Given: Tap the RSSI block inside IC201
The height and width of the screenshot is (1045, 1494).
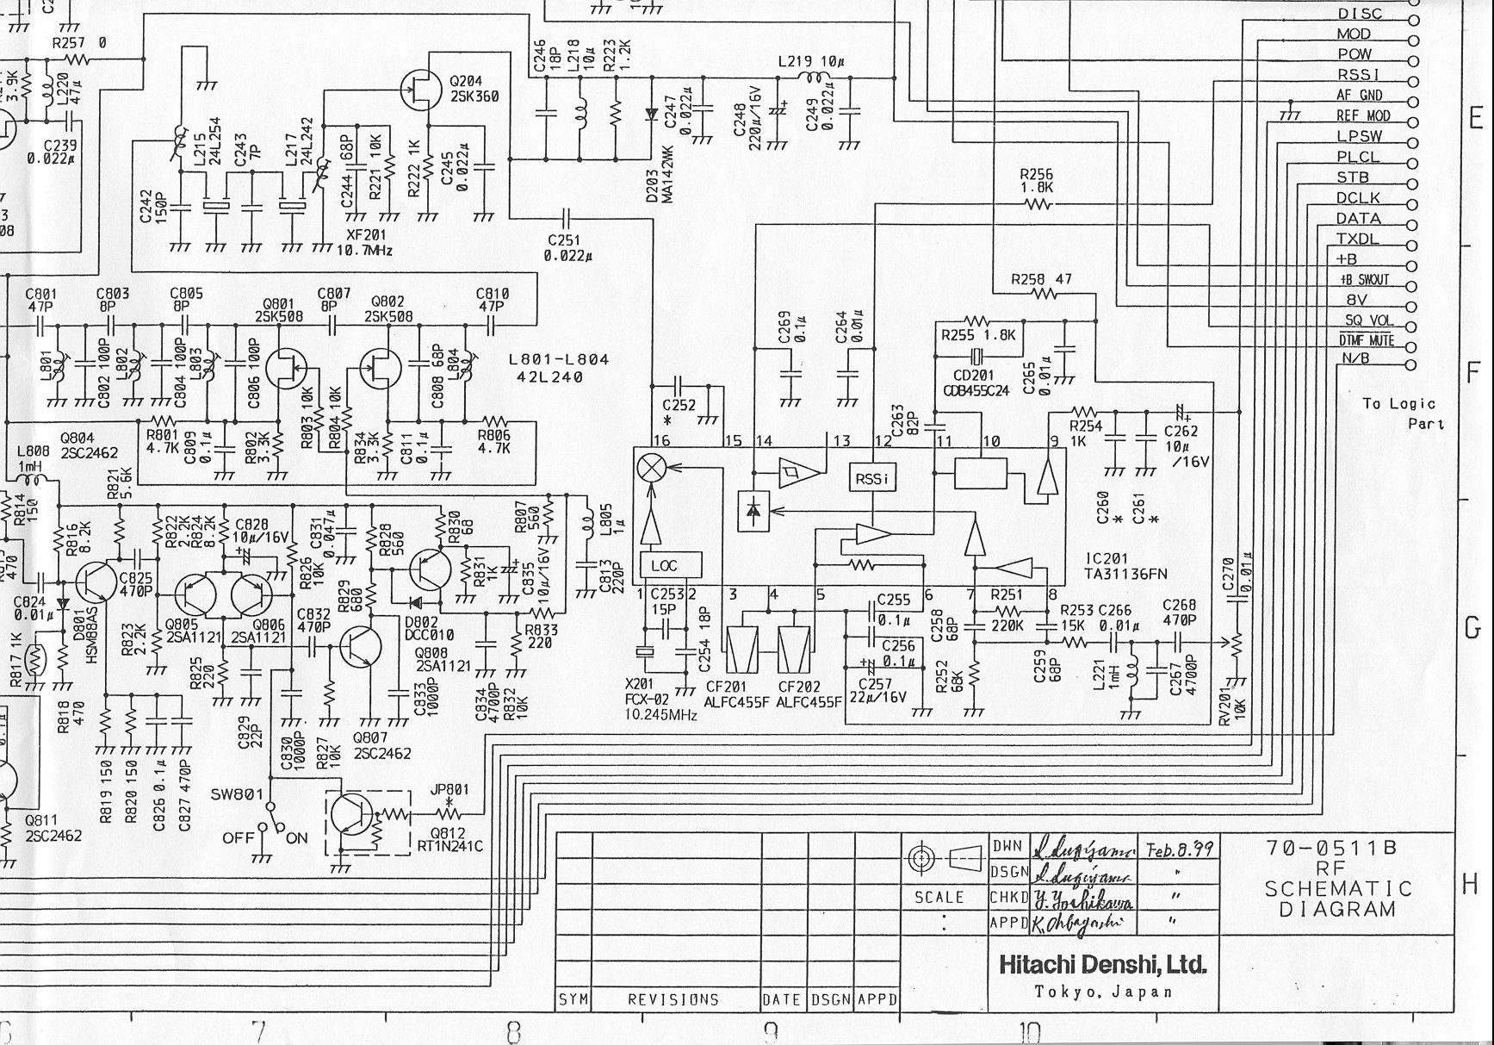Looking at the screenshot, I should tap(872, 479).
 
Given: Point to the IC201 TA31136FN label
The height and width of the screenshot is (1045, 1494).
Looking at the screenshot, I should tap(1126, 566).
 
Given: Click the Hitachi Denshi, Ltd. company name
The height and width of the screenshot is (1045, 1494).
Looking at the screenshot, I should tap(1101, 964).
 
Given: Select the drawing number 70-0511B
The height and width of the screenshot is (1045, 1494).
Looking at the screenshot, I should tap(1330, 848).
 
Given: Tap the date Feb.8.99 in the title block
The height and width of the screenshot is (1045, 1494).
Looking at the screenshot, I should tap(1178, 849).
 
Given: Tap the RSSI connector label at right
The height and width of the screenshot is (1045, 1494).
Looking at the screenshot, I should tap(1359, 75).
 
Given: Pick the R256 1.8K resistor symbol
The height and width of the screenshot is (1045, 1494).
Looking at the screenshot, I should tap(1038, 205).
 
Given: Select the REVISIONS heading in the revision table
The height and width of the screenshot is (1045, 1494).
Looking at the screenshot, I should tap(673, 999).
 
